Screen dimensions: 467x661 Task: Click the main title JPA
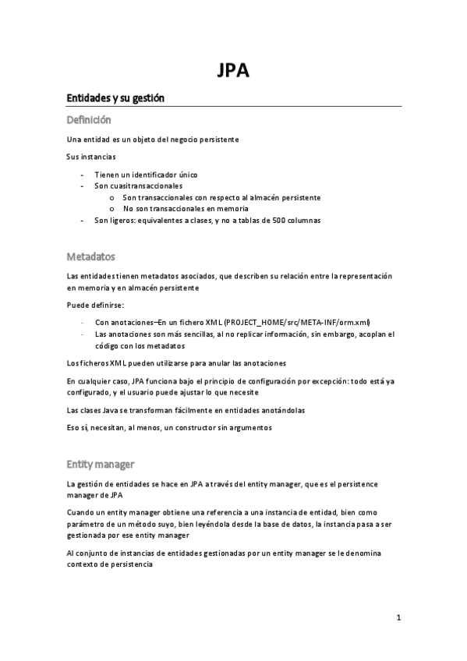pos(233,72)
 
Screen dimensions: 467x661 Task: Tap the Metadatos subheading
pos(90,256)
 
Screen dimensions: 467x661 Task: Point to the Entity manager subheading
pos(101,464)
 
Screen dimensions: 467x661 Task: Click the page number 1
pos(398,618)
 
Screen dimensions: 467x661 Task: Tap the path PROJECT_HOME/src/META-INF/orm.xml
pos(297,322)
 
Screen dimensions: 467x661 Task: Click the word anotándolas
pos(279,410)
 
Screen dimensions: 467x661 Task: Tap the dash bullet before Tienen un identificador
pos(83,175)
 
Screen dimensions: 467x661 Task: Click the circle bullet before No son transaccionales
pos(112,209)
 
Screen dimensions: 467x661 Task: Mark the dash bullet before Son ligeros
pos(83,220)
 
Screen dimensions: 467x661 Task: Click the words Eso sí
pos(78,427)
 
